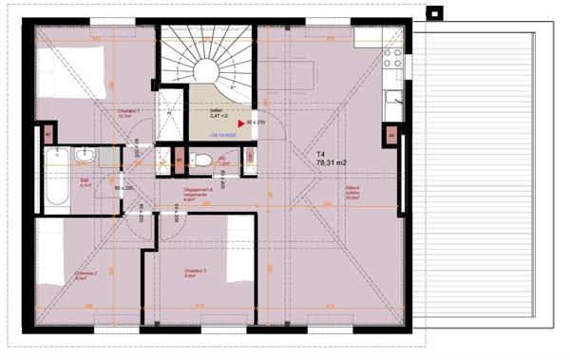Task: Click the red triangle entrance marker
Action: click(240, 123)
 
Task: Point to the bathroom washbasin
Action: click(84, 155)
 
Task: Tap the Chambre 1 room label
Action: click(129, 114)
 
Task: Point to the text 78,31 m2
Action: click(332, 162)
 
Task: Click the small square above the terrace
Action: click(436, 13)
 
